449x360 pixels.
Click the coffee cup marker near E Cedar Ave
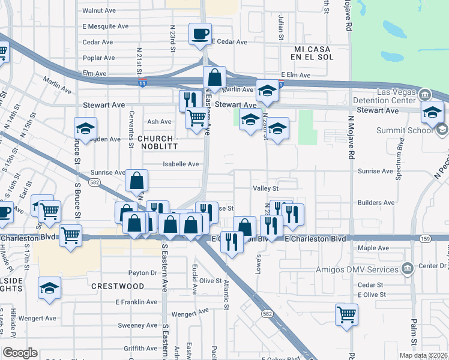pos(200,34)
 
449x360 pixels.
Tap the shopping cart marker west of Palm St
pos(346,314)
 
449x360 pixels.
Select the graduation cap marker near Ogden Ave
pos(86,128)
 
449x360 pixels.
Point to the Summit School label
pos(404,130)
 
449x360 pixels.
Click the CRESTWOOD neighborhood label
pos(118,287)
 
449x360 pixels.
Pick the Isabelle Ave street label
pos(181,164)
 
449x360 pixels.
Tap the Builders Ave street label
pos(377,203)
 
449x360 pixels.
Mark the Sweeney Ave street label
pos(137,326)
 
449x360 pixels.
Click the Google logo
pos(20,352)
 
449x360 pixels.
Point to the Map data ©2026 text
pos(423,355)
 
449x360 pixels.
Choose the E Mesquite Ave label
pos(106,26)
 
